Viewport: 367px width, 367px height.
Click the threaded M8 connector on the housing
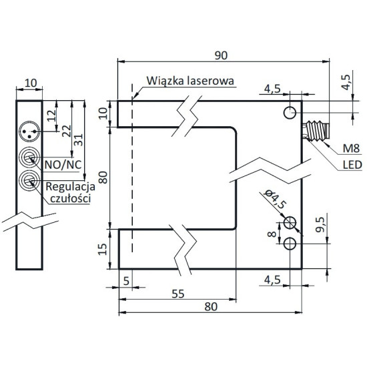[x=317, y=127]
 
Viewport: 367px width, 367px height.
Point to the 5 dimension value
[x=125, y=281]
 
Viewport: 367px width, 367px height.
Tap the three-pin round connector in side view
[x=29, y=127]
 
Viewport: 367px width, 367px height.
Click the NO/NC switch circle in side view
[x=29, y=158]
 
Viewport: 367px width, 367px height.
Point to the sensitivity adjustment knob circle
[x=29, y=179]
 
